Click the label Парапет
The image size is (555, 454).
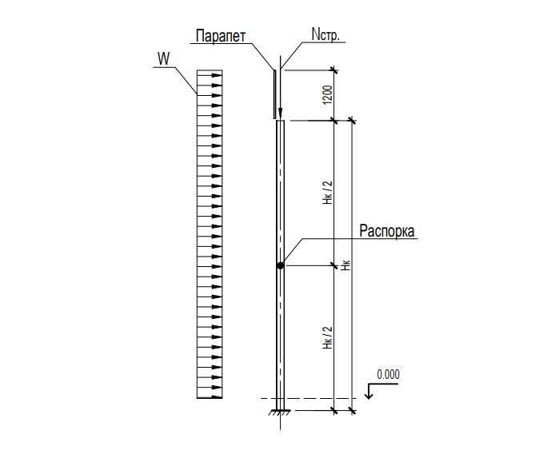(x=221, y=36)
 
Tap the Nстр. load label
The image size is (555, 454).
(x=325, y=34)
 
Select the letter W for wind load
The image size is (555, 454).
(x=163, y=58)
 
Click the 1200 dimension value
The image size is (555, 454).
(x=328, y=95)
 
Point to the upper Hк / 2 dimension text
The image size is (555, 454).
(x=328, y=193)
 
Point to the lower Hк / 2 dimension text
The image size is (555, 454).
(x=328, y=337)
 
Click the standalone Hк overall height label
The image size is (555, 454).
(x=345, y=265)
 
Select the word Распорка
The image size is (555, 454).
(x=387, y=231)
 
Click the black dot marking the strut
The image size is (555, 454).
(x=281, y=265)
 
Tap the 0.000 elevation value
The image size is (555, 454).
(x=389, y=374)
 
